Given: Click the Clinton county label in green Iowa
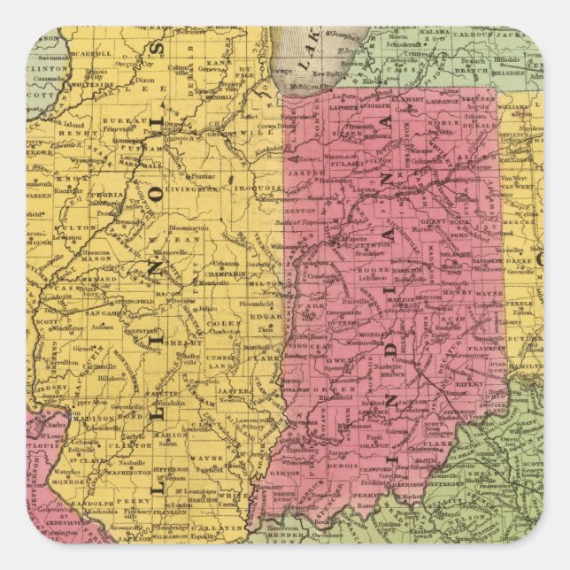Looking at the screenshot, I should (45, 65).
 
